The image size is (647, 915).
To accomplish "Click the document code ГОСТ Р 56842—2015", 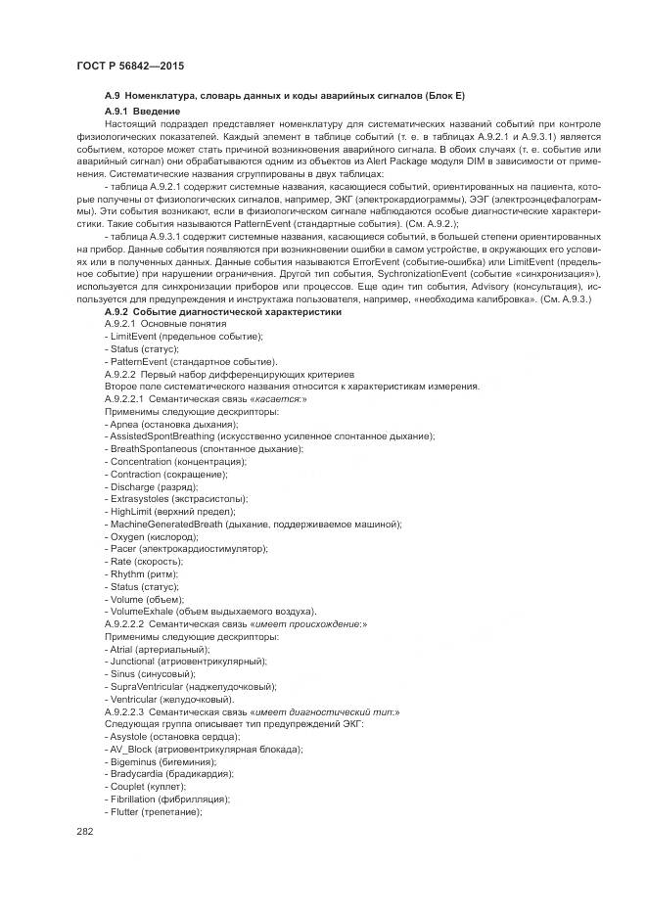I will point(129,66).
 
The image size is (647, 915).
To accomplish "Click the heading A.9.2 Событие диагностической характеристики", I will point(223,311).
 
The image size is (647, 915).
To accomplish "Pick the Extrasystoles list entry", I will point(141,499).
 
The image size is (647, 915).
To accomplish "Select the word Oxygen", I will point(127,536).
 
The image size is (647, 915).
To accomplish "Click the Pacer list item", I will point(122,549).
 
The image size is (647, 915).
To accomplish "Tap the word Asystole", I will point(128,736).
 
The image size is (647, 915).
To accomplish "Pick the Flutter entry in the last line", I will point(123,811).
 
